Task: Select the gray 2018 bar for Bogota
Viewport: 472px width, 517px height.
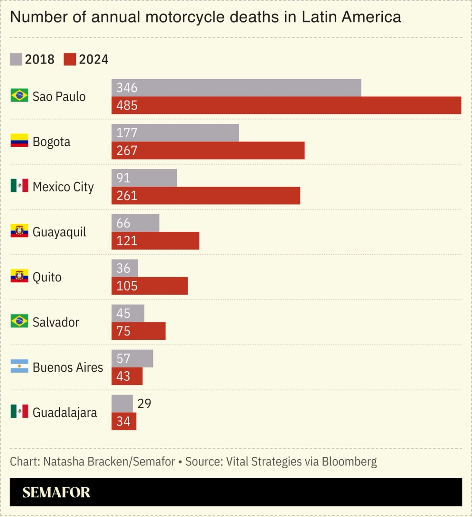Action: pos(175,133)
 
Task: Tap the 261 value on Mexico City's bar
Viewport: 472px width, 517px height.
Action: pos(127,196)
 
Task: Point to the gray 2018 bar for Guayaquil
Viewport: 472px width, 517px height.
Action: pos(135,223)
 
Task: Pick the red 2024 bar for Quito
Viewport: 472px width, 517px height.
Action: pos(149,286)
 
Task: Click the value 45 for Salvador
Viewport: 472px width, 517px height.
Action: pos(123,313)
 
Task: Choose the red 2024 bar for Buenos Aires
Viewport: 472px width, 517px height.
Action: pos(127,376)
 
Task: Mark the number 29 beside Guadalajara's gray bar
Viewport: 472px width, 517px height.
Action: pos(144,404)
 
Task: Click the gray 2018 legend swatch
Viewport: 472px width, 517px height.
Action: pos(16,59)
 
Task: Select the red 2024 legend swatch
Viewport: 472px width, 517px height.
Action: pos(70,59)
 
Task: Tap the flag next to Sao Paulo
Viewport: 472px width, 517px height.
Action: pos(19,96)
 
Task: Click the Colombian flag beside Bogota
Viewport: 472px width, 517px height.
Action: pos(19,141)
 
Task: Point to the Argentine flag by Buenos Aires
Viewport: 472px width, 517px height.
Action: pos(19,367)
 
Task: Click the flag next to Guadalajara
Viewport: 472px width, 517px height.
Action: pos(19,412)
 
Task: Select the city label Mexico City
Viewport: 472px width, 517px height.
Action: pos(63,187)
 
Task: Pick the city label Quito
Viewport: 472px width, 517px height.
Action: pos(47,277)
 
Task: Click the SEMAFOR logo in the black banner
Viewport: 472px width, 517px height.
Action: pos(56,492)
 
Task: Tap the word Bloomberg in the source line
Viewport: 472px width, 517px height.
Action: pos(349,462)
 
